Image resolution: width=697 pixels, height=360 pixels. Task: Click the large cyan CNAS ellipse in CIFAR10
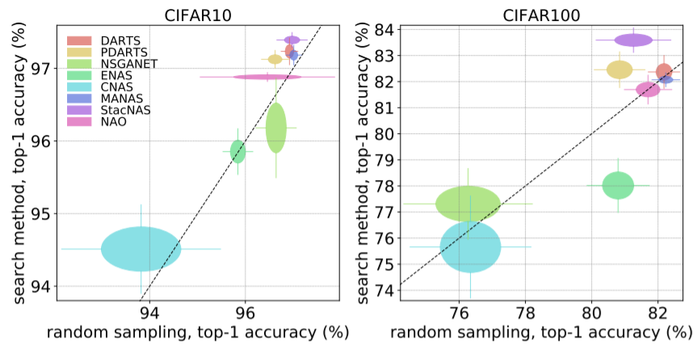tap(141, 249)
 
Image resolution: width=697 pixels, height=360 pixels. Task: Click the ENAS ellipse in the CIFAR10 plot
tap(237, 151)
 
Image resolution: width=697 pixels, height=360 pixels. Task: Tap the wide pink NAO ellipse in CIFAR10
tap(267, 77)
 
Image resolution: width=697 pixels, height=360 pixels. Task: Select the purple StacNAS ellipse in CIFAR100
tap(633, 40)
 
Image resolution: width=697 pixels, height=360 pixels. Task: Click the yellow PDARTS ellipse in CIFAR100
tap(619, 69)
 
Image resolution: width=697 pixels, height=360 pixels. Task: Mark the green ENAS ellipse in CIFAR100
tap(618, 186)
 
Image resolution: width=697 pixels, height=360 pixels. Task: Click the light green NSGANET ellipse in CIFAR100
tap(468, 203)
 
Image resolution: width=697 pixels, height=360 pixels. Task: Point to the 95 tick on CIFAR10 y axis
tap(42, 214)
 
